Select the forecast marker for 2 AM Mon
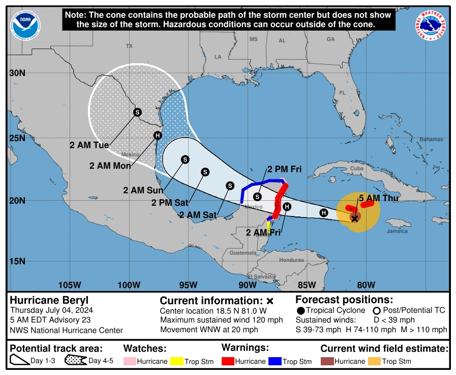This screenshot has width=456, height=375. point(158,135)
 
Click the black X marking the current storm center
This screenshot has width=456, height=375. point(355,218)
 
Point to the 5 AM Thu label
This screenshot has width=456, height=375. point(375,198)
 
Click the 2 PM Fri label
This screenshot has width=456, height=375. point(285,169)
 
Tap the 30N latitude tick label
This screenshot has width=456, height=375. point(17,73)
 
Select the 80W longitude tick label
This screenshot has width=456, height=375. point(366,284)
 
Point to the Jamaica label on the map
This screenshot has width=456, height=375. point(397,231)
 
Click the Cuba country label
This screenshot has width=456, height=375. point(357,168)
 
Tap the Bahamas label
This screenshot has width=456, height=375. point(431,139)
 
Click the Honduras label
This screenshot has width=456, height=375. point(291,260)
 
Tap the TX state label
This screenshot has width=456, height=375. point(129,46)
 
